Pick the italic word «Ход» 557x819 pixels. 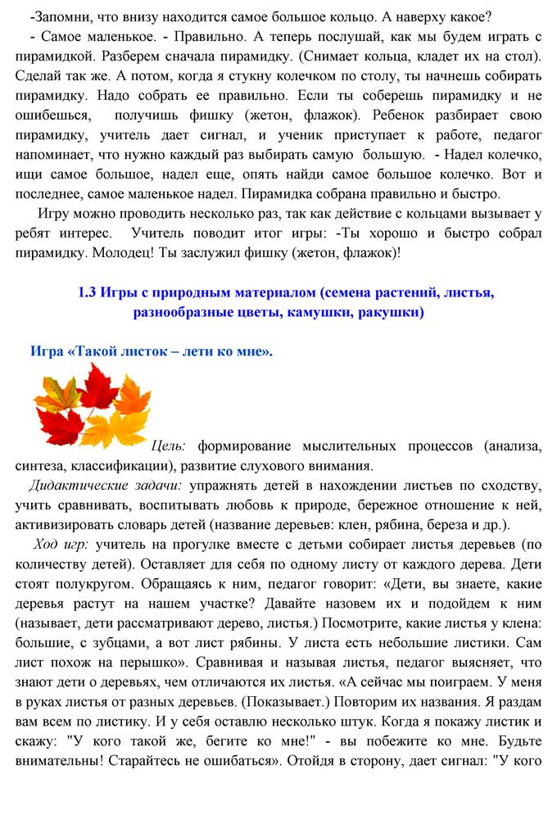tap(46, 545)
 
